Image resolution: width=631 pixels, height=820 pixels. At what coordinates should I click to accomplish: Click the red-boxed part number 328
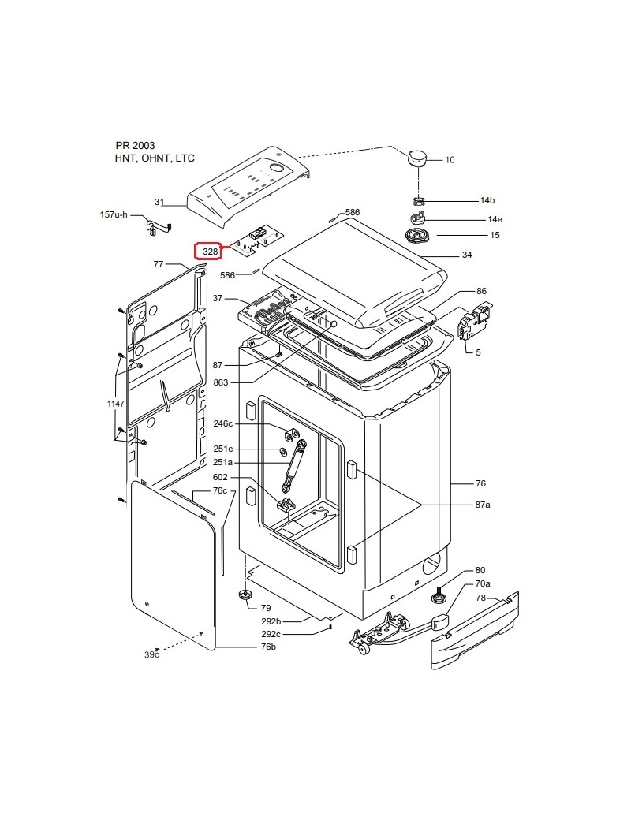(x=211, y=252)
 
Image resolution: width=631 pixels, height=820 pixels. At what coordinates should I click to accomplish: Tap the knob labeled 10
(x=416, y=158)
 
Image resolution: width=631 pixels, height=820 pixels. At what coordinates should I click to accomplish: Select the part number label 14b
(x=487, y=200)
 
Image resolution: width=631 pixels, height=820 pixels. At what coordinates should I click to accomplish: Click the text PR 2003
(x=135, y=145)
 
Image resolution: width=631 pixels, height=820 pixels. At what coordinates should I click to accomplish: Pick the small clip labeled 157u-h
(x=157, y=227)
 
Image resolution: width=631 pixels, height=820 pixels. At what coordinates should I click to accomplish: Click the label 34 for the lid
(x=467, y=255)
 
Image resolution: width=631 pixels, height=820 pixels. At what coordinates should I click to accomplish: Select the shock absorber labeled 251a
(x=293, y=466)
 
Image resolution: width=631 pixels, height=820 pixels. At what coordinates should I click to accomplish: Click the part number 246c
(x=223, y=423)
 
